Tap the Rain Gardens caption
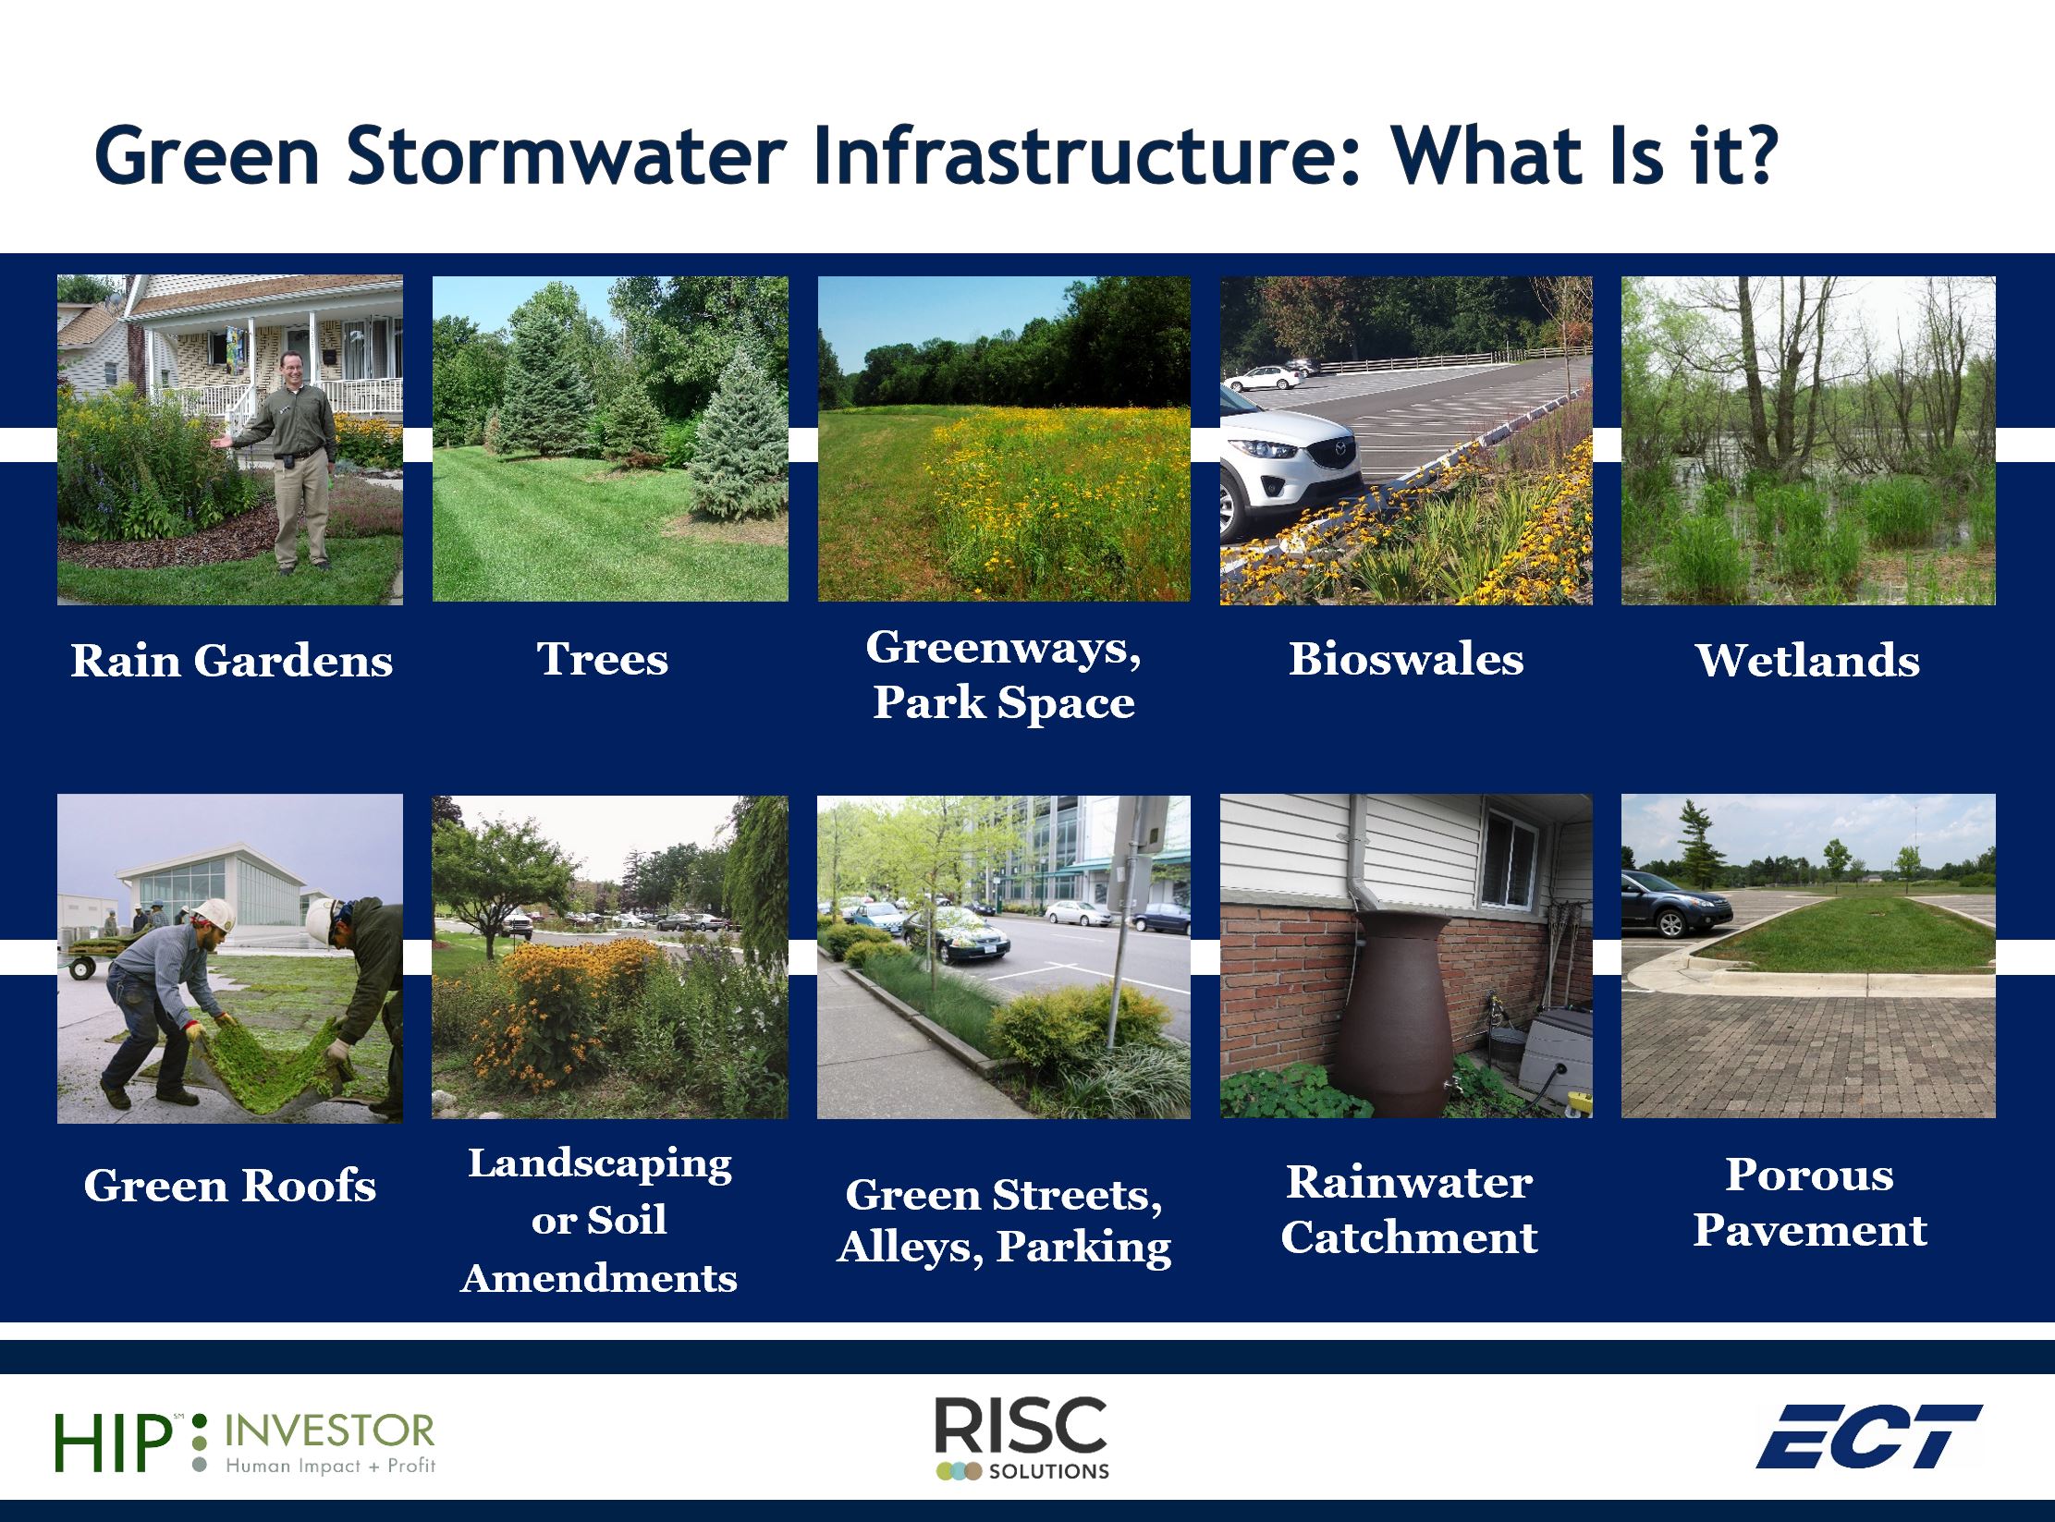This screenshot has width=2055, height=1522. tap(232, 661)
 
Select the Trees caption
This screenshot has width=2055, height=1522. tap(603, 659)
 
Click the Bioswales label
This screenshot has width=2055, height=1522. tap(1406, 659)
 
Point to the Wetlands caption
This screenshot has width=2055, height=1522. tap(1808, 661)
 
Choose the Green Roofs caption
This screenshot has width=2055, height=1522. tap(230, 1186)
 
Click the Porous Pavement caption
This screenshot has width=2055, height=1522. tap(1810, 1202)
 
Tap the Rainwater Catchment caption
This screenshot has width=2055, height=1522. tap(1409, 1210)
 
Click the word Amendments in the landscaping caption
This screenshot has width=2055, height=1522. tap(599, 1278)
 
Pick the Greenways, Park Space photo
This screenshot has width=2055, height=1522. tap(1004, 439)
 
